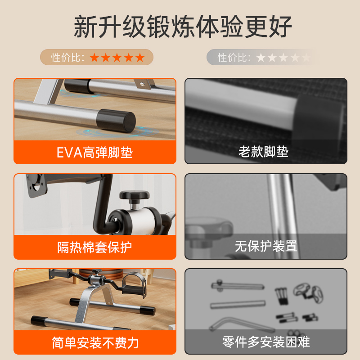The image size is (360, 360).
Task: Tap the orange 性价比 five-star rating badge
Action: coord(97,58)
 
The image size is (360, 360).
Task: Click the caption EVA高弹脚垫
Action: coord(94,152)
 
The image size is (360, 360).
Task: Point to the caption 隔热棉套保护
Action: coord(94,247)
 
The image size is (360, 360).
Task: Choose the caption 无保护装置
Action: coord(265,246)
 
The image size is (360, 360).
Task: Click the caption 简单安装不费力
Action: coord(95,342)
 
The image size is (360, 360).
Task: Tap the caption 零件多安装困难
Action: coord(266,342)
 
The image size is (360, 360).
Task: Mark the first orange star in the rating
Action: coord(94,58)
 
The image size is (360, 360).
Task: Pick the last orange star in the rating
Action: coord(140,58)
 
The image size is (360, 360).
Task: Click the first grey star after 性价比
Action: coord(261,58)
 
